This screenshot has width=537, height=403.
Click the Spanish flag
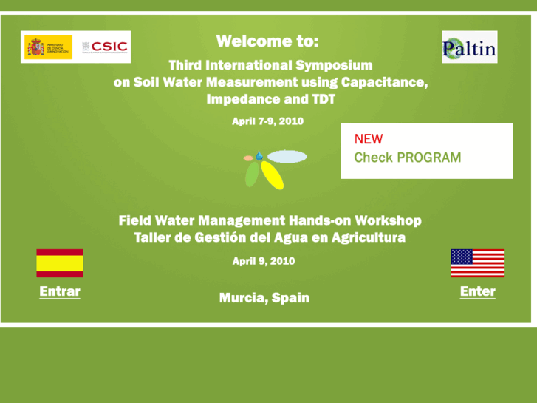click(60, 263)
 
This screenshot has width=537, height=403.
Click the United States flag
click(477, 263)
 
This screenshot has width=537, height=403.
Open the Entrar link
click(60, 291)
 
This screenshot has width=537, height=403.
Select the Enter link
click(477, 291)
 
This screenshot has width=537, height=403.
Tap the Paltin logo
click(469, 47)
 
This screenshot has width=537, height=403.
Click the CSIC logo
click(104, 47)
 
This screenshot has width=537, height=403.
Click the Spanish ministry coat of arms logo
click(35, 47)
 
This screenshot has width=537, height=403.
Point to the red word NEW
click(369, 139)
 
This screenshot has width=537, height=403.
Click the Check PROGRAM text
click(407, 158)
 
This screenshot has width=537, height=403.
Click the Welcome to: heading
click(267, 41)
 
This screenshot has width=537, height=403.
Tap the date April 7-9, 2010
click(267, 121)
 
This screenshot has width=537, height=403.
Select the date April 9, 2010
click(264, 261)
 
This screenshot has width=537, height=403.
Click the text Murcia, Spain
click(264, 298)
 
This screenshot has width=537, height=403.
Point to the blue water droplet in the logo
click(259, 156)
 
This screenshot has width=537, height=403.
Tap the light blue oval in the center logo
click(287, 157)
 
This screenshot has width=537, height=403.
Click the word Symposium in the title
click(334, 65)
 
